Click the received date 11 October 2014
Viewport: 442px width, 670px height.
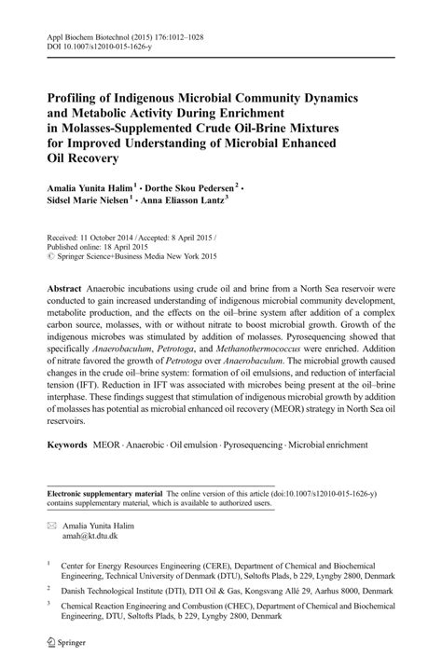113,238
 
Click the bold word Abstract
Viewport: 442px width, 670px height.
64,290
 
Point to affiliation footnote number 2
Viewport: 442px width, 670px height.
49,589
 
